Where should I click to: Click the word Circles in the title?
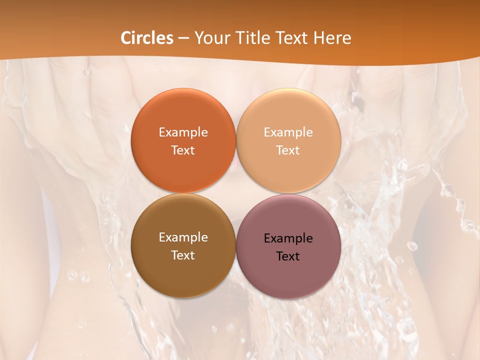click(x=146, y=38)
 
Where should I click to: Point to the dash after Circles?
click(x=183, y=38)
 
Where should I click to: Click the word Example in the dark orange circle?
click(x=183, y=132)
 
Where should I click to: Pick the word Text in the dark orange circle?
click(x=183, y=150)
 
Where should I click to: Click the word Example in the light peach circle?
click(x=288, y=132)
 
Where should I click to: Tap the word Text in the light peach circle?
click(x=288, y=150)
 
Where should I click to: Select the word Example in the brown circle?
click(x=183, y=237)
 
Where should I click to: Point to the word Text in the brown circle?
click(x=183, y=255)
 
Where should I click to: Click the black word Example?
click(x=288, y=238)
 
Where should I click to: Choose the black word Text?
click(x=288, y=256)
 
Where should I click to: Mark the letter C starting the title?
click(x=125, y=38)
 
